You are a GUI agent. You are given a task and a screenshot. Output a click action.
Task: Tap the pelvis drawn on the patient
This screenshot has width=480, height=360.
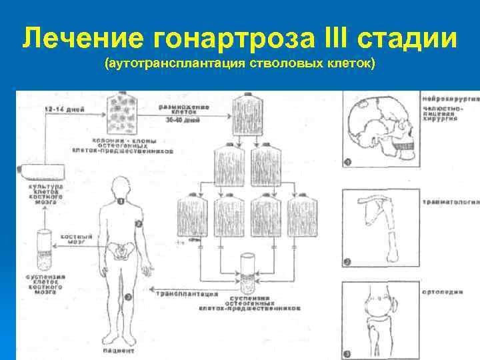point(121,253)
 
